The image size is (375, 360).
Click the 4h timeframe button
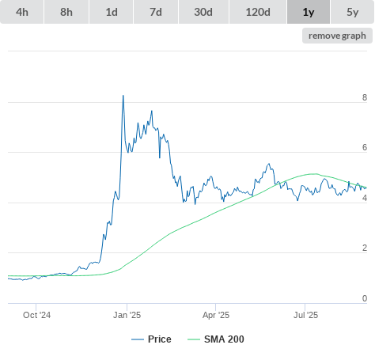coord(22,12)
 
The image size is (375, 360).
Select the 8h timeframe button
coord(66,12)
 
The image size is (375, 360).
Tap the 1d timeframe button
coord(112,12)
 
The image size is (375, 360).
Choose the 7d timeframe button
coord(156,12)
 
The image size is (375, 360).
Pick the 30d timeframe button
coord(203,12)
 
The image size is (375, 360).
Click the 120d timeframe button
coord(258,12)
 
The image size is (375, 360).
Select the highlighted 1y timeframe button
coord(309,12)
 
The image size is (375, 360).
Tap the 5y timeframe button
coord(352,12)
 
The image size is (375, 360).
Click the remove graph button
coord(337,36)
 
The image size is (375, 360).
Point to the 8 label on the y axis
coord(365,97)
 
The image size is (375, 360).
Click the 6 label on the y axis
coord(365,147)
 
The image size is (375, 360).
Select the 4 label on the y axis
coord(365,198)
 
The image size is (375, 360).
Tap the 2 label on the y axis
coord(365,248)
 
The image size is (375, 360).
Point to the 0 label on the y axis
coord(365,298)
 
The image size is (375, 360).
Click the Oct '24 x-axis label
coord(36,315)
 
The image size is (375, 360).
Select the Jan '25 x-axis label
coord(127,315)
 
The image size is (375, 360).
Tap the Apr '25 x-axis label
coord(216,315)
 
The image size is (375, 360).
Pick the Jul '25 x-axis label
coord(305,315)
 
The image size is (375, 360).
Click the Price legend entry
coord(151,339)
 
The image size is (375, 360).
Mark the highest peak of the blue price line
coord(123,96)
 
